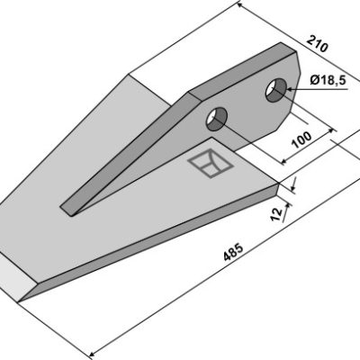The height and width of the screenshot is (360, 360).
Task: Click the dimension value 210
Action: click(x=317, y=43)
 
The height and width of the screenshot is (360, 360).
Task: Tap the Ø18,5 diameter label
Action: click(x=328, y=80)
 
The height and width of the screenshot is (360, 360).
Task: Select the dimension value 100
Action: click(x=302, y=139)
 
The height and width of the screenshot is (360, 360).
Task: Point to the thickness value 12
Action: click(x=276, y=214)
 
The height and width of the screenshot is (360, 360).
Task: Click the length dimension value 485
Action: click(x=233, y=253)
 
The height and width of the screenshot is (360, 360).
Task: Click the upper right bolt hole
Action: click(x=275, y=90)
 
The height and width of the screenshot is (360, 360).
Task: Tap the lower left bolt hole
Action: click(x=217, y=119)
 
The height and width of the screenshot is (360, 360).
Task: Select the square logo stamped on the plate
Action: click(x=211, y=164)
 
